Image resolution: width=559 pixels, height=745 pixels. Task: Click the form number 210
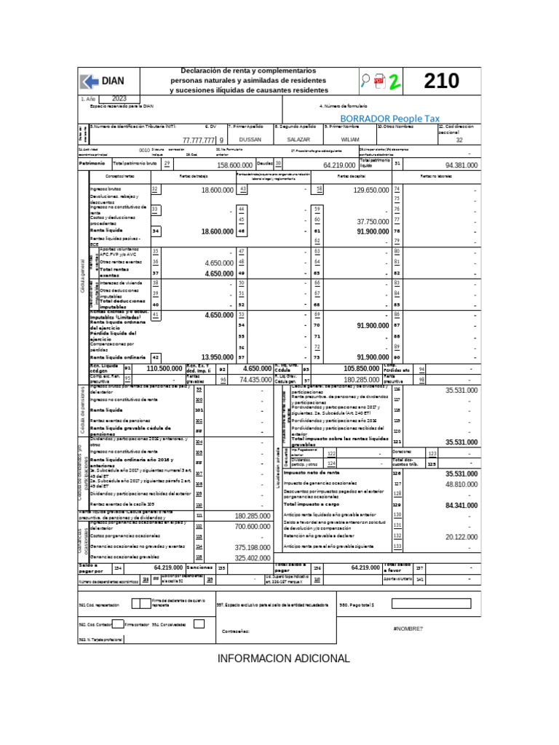pos(442,81)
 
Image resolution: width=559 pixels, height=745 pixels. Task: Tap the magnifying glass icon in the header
pos(365,81)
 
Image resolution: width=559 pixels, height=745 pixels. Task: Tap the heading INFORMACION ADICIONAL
pos(284,658)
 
